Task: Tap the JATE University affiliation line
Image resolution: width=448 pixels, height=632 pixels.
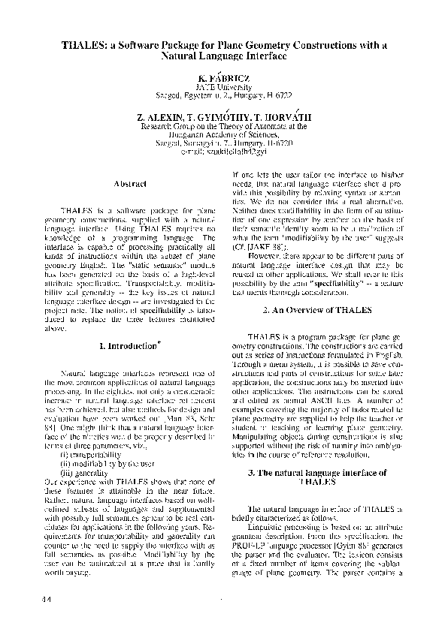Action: click(x=223, y=87)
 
